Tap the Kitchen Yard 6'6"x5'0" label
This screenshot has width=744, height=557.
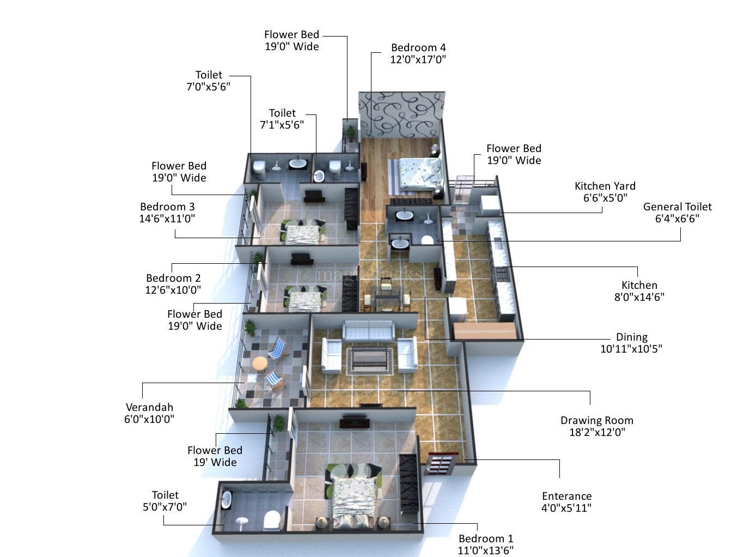coord(605,192)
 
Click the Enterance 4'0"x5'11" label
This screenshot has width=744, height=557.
coord(566,502)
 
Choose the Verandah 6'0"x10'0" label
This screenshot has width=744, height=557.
coord(149,413)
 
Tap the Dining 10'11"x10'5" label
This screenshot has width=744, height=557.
coord(631,343)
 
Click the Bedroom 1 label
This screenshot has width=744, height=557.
coord(485,544)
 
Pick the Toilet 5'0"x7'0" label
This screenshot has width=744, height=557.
coord(164,501)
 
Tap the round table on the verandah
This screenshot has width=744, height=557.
coord(260,362)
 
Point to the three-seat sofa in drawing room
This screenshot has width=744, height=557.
coord(368,330)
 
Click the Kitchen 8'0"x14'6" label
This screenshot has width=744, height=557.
coord(639,291)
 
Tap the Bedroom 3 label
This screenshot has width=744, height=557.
coord(167,213)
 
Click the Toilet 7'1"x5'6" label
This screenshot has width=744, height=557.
coord(282,119)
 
